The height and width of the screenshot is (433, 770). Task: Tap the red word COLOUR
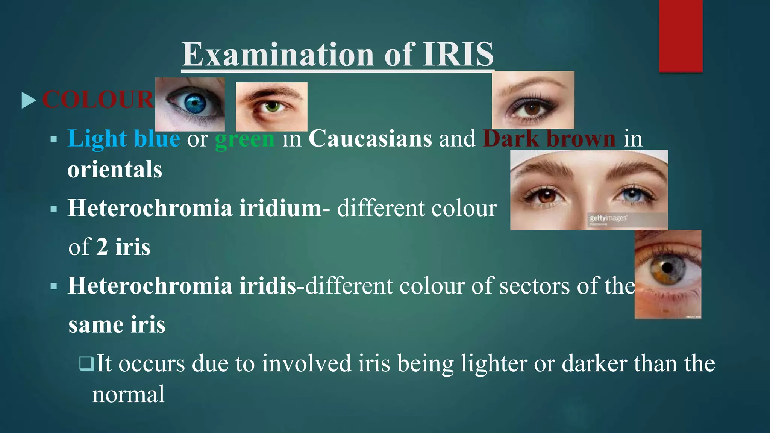point(98,100)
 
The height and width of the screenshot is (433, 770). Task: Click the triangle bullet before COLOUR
point(29,100)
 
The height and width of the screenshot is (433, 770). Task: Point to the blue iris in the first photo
point(194,102)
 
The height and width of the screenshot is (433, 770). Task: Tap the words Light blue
point(124,139)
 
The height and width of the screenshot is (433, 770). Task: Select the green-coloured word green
point(244,139)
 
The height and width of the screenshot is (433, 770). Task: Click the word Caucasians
point(370,139)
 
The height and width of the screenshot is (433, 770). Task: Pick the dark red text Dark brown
point(549,139)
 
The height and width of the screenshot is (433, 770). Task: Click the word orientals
point(115,170)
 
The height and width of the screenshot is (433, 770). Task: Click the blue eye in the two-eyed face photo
point(633,195)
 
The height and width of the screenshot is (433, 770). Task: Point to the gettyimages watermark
point(608,218)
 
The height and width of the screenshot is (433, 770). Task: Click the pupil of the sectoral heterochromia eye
point(667,268)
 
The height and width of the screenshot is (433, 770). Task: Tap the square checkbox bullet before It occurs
point(86,363)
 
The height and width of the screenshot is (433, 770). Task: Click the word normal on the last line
point(128,395)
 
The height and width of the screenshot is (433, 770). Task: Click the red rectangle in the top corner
point(681,36)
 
